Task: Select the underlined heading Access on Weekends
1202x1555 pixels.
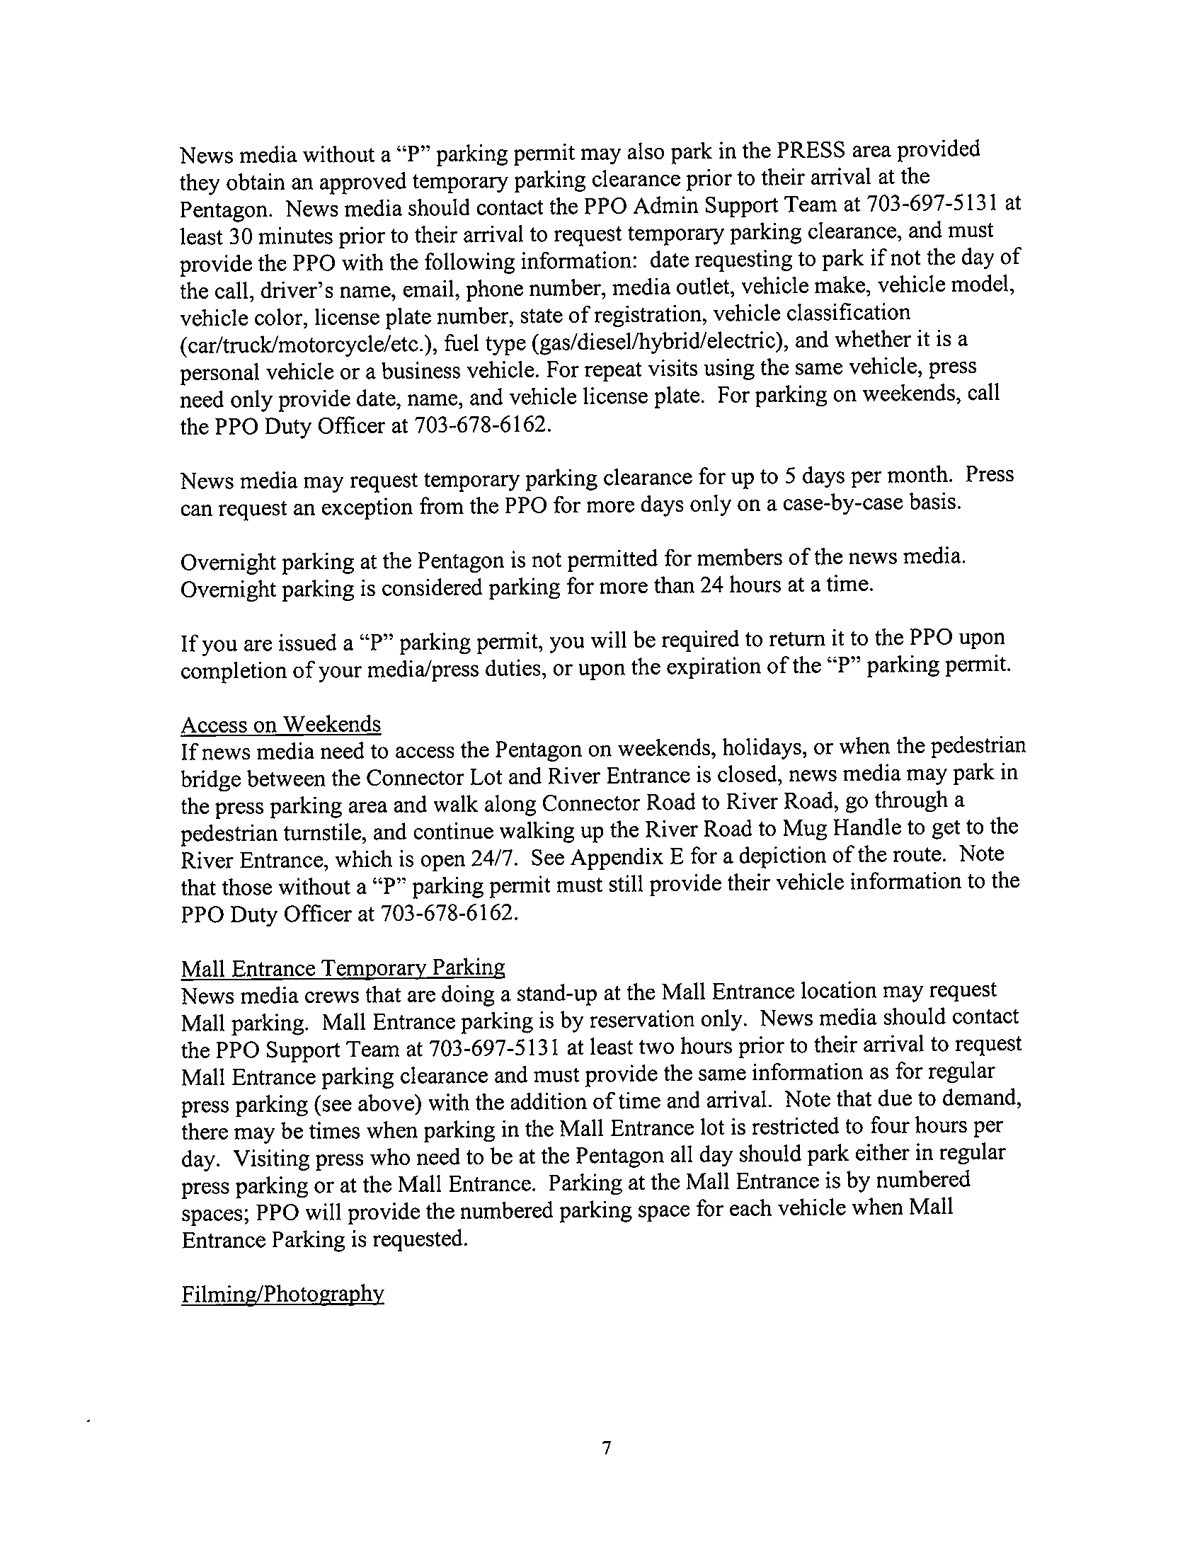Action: pos(281,724)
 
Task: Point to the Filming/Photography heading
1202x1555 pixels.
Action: pos(282,1294)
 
